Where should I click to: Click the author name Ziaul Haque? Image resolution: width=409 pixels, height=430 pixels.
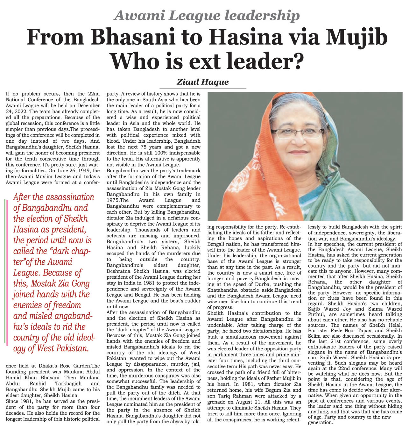tap(203, 82)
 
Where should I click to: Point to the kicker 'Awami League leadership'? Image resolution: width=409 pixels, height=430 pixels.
tap(207, 15)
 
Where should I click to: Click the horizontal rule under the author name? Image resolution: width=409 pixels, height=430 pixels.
tap(203, 88)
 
